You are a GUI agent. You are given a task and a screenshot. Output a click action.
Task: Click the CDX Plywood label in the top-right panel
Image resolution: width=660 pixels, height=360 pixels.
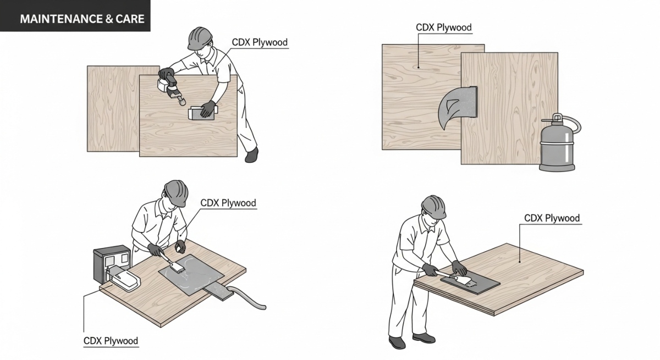(443, 27)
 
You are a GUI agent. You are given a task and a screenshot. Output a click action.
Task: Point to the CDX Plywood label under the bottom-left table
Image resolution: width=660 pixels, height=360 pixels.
(111, 341)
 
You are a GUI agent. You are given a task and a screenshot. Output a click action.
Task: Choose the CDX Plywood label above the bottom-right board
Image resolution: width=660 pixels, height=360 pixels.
(552, 218)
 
